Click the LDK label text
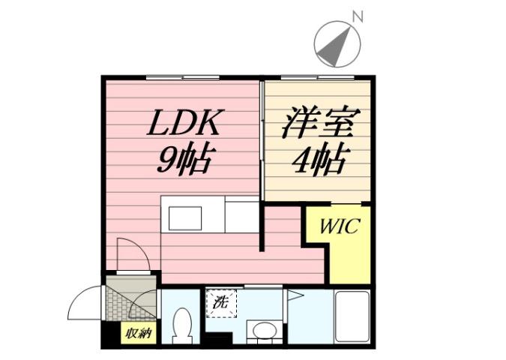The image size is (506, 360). (183, 123)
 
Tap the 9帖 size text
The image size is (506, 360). (183, 158)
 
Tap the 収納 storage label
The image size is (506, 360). (138, 333)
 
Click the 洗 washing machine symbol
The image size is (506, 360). (221, 304)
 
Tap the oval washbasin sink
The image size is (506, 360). (262, 331)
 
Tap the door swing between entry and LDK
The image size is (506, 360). (129, 252)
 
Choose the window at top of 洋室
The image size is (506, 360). (318, 76)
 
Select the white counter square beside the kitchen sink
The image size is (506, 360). (241, 216)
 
